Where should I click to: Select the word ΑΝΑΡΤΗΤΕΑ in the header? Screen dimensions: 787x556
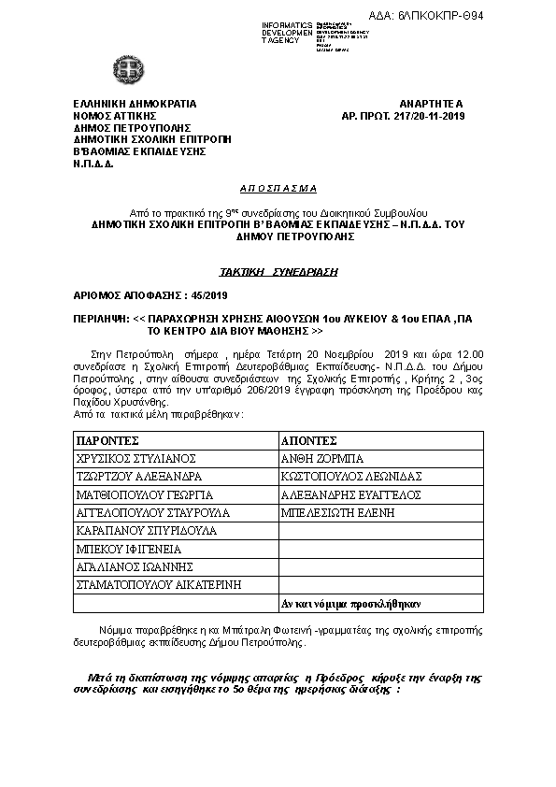437,103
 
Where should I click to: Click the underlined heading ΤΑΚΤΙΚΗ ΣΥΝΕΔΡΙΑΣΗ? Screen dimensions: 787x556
278,271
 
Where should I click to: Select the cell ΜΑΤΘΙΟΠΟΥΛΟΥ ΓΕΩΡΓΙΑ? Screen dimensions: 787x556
145,494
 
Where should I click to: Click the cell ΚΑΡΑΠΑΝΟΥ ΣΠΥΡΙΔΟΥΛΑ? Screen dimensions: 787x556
140,530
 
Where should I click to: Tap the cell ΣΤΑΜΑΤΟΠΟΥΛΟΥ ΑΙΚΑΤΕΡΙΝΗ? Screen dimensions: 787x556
159,584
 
